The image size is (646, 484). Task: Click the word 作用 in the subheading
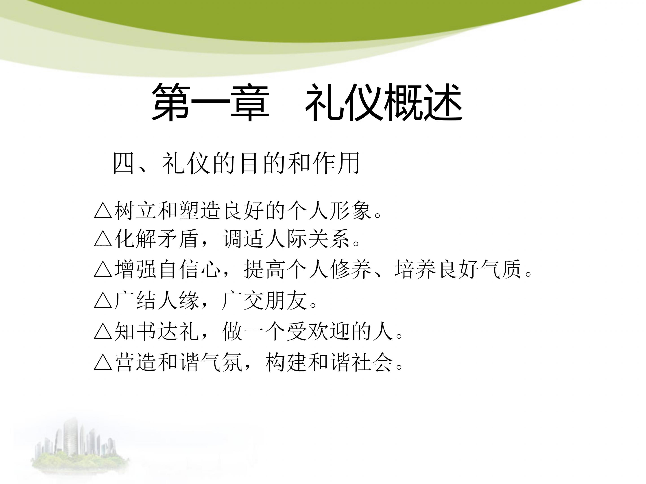(336, 164)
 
